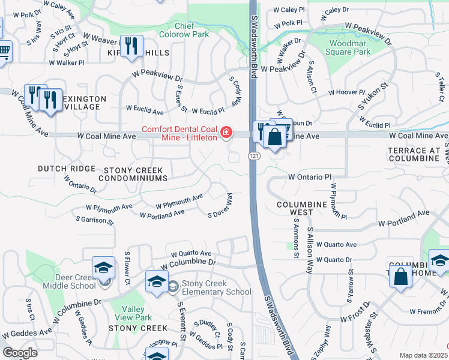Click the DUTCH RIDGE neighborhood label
67,169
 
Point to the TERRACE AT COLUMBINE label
414,154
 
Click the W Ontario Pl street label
310,178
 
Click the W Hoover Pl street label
346,92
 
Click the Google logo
20,353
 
